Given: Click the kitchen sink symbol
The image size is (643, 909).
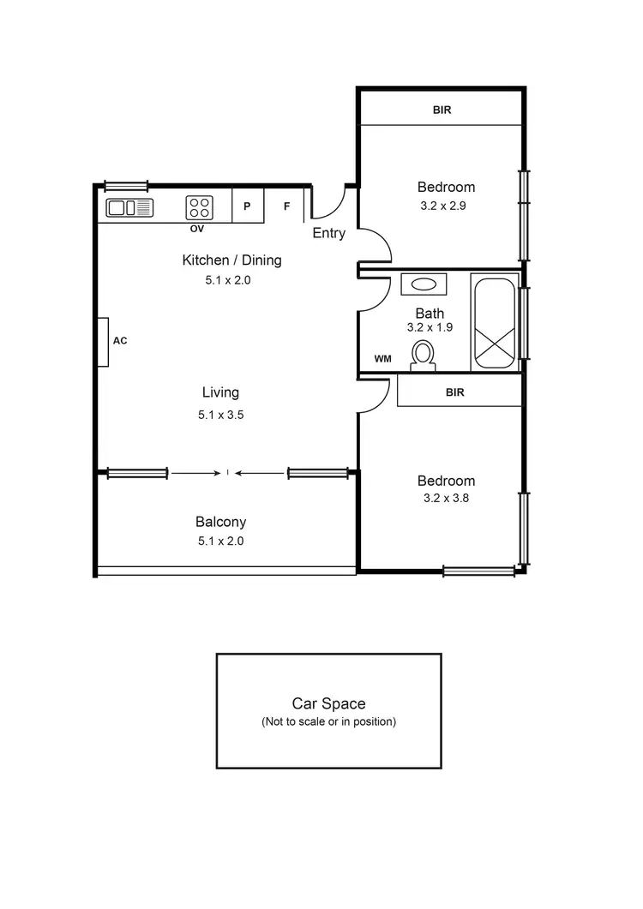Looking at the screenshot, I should coord(129,207).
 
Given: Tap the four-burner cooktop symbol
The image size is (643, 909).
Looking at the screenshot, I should coord(200,207).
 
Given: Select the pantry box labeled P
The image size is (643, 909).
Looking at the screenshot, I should coord(247,207).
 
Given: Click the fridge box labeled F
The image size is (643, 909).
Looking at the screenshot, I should coord(287,207).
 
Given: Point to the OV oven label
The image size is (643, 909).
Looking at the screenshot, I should coord(196,229).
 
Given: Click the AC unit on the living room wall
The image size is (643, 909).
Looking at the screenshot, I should coord(103,341).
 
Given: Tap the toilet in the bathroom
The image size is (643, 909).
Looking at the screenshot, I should coord(422,355).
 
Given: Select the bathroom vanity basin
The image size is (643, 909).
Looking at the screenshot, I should coord(423,284).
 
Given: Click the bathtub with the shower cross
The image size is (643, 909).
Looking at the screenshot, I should coord(495,324).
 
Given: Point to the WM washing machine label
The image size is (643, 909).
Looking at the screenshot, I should coord(382,359).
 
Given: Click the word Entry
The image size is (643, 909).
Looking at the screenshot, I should coord(328,233).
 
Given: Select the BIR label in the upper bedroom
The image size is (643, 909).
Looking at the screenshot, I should coord(442,110).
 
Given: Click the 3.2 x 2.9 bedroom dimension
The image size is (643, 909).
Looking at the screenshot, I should coord(445,206).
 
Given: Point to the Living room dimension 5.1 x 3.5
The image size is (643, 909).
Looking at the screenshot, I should coord(220,415).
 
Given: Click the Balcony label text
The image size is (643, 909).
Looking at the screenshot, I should coord(220,522).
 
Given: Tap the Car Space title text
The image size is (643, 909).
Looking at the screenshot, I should coord(328,703).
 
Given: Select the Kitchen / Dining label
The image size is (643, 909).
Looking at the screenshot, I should coord(231,260).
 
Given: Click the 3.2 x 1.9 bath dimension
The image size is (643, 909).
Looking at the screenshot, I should coord(429,327).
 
